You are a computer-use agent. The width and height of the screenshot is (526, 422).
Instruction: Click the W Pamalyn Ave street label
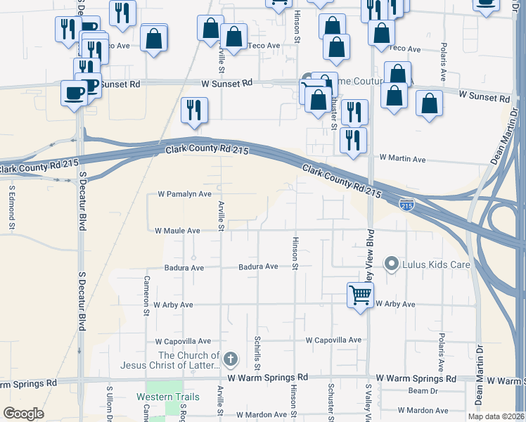click(x=184, y=193)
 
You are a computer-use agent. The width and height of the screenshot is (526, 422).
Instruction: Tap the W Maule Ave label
click(x=177, y=230)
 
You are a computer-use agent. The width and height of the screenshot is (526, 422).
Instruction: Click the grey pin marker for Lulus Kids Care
click(x=392, y=264)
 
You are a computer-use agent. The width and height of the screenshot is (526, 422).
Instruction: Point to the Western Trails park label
click(x=168, y=397)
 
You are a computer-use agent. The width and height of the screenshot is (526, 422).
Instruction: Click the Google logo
click(x=23, y=414)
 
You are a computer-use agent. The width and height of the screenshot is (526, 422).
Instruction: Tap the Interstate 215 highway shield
click(x=406, y=205)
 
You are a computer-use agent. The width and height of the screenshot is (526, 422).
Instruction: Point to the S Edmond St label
click(x=12, y=207)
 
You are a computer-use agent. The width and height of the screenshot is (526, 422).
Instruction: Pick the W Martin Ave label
click(x=402, y=160)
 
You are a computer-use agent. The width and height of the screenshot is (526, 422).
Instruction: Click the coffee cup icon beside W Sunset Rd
click(x=74, y=92)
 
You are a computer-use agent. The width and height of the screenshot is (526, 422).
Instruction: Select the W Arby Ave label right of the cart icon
click(x=395, y=305)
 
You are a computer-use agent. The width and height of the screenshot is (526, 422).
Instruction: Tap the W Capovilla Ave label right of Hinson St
click(x=333, y=340)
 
